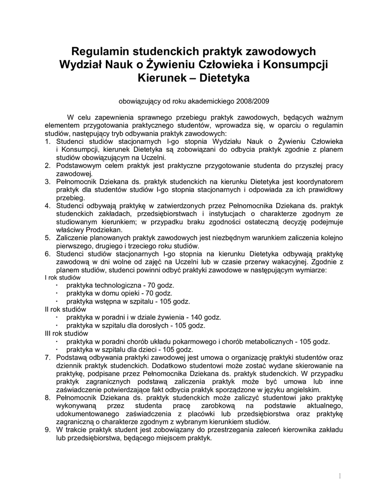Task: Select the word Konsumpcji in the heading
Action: tap(299, 65)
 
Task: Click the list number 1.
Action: tap(48, 141)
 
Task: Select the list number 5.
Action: tap(48, 237)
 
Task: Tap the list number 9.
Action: tap(48, 429)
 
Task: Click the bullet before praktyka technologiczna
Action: tap(57, 285)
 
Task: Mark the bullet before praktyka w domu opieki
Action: tap(57, 293)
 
